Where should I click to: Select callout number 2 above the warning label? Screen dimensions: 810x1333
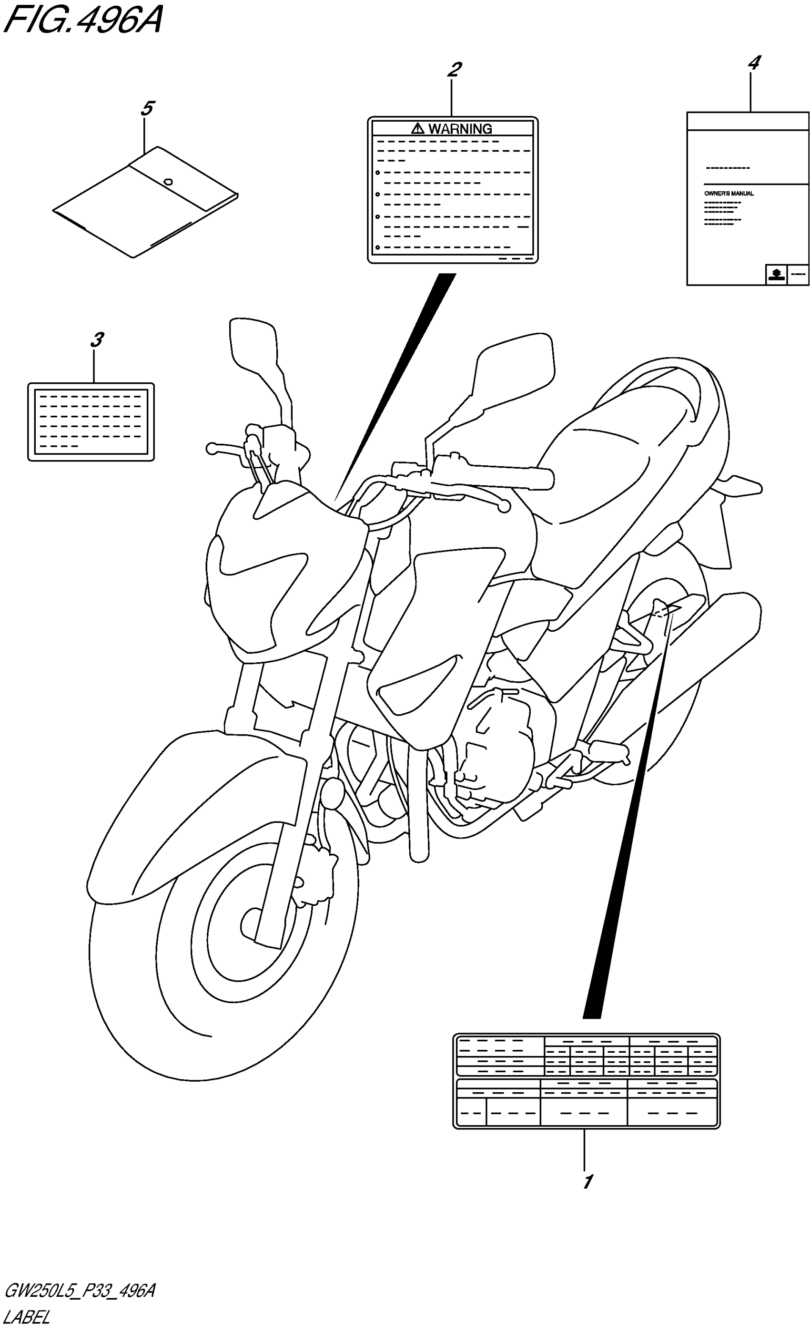pyautogui.click(x=454, y=69)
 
